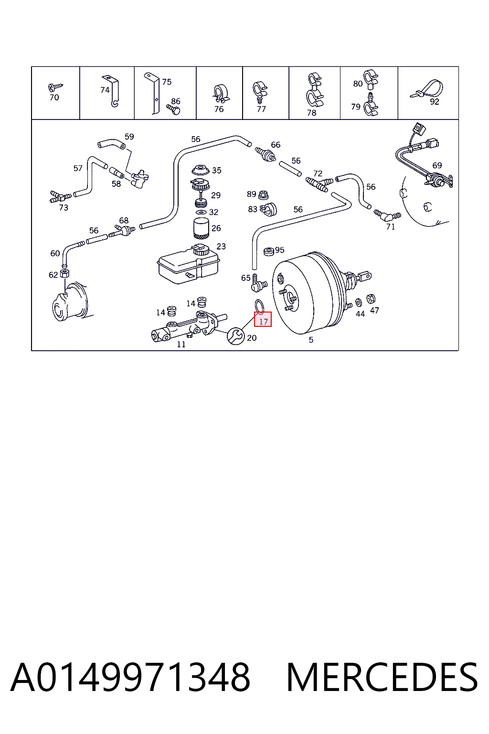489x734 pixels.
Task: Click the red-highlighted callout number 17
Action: click(263, 322)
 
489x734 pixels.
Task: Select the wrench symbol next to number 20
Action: click(235, 336)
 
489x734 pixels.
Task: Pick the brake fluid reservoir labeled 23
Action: click(188, 265)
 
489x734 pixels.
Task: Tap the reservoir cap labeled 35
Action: click(200, 171)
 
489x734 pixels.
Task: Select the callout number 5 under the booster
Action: click(311, 340)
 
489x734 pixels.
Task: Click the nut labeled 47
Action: click(371, 299)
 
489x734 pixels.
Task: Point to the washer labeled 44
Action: click(359, 302)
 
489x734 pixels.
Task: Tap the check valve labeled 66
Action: click(266, 154)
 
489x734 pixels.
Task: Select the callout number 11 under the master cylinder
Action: click(181, 345)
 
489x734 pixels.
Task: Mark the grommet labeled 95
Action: click(269, 252)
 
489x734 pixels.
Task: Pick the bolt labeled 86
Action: click(173, 109)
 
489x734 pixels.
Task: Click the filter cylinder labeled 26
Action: click(201, 228)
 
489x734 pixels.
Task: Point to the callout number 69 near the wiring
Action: click(437, 165)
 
